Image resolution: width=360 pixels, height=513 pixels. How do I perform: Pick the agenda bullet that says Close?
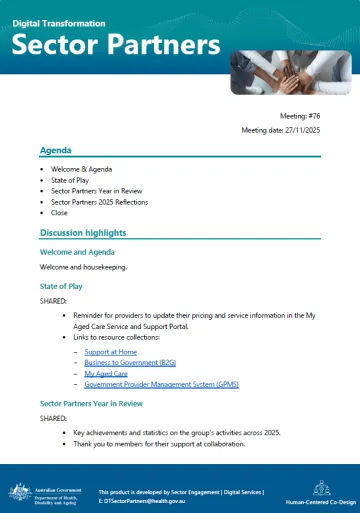(x=61, y=213)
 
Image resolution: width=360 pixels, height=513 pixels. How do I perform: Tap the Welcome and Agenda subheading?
(x=78, y=252)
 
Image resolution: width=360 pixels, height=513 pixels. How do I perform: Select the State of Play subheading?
(x=62, y=286)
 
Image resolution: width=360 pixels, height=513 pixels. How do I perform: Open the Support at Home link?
(x=111, y=352)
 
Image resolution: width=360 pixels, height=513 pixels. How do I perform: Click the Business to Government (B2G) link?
(x=130, y=363)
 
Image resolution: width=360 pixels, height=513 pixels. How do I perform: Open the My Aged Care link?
(x=106, y=373)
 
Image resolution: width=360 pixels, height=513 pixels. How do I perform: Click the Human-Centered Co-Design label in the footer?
(x=321, y=502)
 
